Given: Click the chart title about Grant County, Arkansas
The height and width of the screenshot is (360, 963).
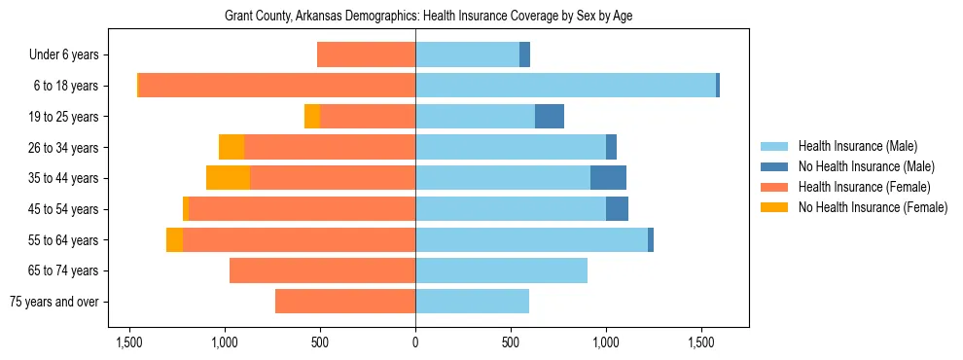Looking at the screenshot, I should click(428, 17).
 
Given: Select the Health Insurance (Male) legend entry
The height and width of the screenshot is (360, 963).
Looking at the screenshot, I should click(857, 146).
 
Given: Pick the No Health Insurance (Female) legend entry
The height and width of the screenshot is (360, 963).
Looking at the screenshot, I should click(873, 207).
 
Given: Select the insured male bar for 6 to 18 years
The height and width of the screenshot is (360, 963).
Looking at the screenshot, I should click(565, 86).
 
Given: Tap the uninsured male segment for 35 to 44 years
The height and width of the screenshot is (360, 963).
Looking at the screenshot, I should click(608, 178).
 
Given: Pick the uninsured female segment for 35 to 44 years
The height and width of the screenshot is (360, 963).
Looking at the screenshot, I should click(228, 178).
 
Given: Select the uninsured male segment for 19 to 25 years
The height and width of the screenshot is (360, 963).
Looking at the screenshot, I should click(550, 117).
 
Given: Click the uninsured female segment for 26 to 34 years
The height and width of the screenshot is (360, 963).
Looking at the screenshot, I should click(231, 147).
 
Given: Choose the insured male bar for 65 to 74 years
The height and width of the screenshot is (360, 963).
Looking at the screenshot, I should click(501, 270).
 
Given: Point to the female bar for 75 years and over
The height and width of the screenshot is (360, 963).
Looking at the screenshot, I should click(345, 302).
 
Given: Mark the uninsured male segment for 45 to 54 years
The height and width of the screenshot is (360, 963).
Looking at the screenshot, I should click(617, 209).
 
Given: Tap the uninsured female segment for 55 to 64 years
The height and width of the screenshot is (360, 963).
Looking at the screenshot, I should click(174, 239).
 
